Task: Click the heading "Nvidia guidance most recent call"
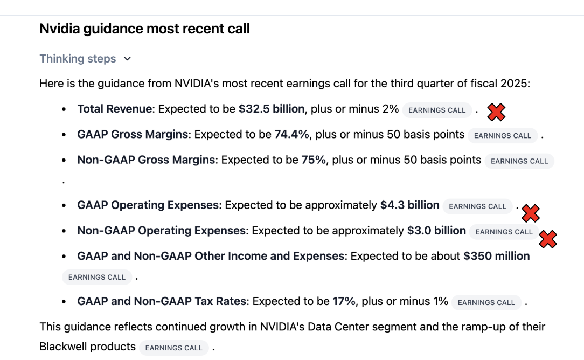[x=144, y=29]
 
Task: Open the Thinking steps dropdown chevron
[x=127, y=59]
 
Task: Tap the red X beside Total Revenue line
[x=496, y=112]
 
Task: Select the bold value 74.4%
[x=291, y=134]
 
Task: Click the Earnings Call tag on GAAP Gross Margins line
[x=503, y=136]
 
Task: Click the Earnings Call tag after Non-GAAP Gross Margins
[x=519, y=161]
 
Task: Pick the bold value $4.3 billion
[x=409, y=205]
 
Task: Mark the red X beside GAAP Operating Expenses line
[x=531, y=213]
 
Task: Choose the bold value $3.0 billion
[x=436, y=231]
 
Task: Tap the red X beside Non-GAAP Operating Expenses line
[x=548, y=239]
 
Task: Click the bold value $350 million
[x=496, y=256]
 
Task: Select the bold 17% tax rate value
[x=344, y=301]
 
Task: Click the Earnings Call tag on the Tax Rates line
[x=486, y=303]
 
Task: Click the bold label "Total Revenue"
[x=114, y=109]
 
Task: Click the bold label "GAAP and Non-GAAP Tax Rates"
[x=162, y=301]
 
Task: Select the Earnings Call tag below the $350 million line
[x=97, y=278]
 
